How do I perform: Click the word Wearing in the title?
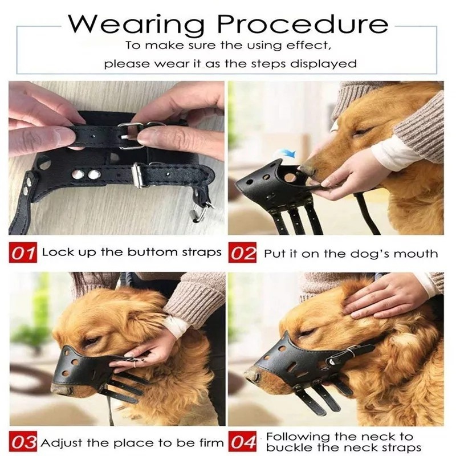point(136,23)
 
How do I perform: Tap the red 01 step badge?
point(23,253)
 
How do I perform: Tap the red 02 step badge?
point(243,253)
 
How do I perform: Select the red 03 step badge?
point(23,443)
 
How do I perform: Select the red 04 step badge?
point(243,443)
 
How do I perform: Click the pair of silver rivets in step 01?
point(87,173)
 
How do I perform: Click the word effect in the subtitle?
point(305,44)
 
